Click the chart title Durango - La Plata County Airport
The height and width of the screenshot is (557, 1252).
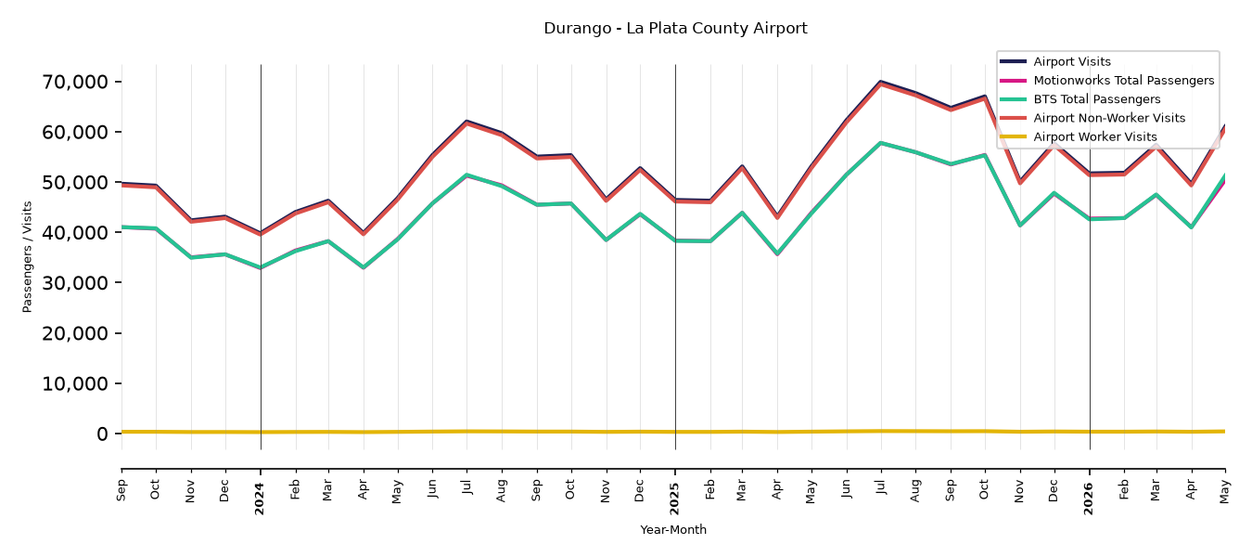point(675,29)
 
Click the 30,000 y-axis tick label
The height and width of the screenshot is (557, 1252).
point(75,283)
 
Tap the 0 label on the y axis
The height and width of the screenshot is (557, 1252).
point(102,434)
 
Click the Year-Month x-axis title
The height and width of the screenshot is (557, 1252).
point(673,529)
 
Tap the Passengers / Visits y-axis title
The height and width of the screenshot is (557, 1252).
point(28,257)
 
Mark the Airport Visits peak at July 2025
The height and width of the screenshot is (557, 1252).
point(881,81)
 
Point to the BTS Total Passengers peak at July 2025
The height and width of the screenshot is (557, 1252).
point(881,143)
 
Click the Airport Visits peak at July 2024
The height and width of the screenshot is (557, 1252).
point(466,121)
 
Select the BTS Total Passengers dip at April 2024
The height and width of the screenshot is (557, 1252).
point(364,267)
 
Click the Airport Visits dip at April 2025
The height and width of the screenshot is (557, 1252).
point(777,215)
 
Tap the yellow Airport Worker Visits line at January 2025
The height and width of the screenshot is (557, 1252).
point(675,432)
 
